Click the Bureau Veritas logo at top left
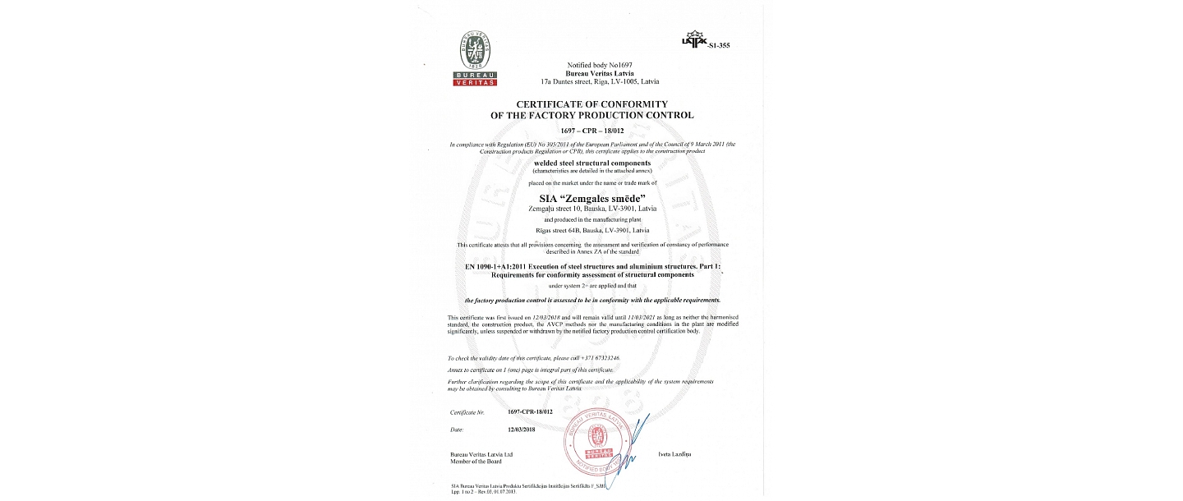tap(476, 57)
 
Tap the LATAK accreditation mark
tap(693, 40)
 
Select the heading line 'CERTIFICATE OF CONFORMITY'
tap(591, 104)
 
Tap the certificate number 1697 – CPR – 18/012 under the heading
tap(591, 131)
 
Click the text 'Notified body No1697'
tap(600, 65)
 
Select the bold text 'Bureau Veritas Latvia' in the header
tap(600, 73)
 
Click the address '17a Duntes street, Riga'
tap(600, 82)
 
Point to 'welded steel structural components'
tap(591, 163)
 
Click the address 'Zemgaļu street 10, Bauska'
tap(591, 209)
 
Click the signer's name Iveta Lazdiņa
tap(674, 454)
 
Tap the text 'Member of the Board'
tap(476, 462)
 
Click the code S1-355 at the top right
tap(718, 46)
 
